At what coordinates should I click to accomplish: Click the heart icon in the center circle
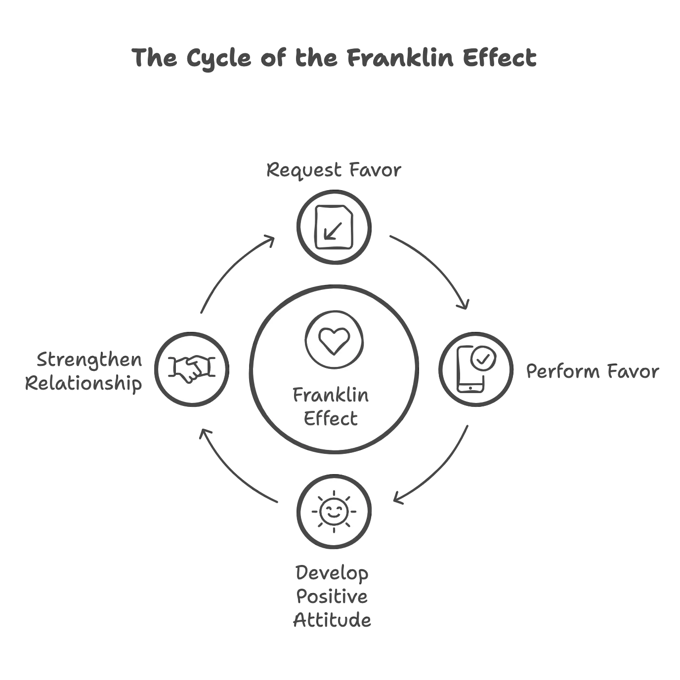(x=334, y=340)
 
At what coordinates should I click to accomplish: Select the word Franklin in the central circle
(x=331, y=396)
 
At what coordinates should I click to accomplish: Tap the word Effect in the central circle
(x=331, y=419)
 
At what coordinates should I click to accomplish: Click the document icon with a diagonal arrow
(x=334, y=228)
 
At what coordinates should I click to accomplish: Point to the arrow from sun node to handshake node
(x=232, y=469)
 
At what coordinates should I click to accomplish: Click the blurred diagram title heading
(x=334, y=58)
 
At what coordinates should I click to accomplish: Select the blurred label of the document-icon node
(x=334, y=171)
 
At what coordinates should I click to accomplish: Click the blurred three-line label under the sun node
(x=333, y=597)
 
